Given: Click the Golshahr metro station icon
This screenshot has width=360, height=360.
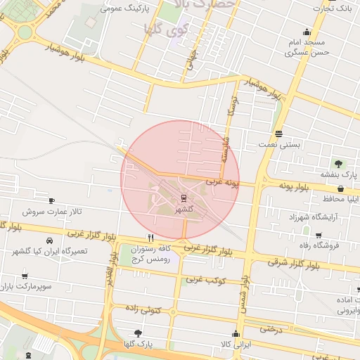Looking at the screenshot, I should click(x=184, y=198).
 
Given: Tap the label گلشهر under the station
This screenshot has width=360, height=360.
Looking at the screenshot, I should click(x=184, y=209).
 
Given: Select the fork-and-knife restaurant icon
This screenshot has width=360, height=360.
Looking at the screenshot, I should click(x=150, y=238).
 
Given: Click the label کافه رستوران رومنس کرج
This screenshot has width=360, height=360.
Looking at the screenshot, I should click(x=151, y=255).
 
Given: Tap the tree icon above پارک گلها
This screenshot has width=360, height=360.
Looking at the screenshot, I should click(x=137, y=333).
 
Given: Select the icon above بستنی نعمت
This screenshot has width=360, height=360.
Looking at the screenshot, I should click(x=279, y=134).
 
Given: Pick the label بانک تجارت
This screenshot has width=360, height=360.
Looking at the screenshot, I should click(x=334, y=8).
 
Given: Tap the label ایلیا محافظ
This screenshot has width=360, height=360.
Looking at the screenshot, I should click(x=340, y=198).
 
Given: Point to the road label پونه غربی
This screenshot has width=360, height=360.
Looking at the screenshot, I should click(x=223, y=183).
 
